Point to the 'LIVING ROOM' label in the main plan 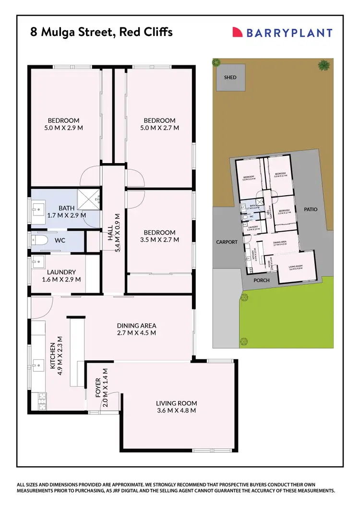pyautogui.click(x=176, y=407)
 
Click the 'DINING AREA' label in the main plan pyautogui.click(x=137, y=329)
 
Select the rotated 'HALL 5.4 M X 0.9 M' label pyautogui.click(x=114, y=233)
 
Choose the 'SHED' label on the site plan pyautogui.click(x=230, y=77)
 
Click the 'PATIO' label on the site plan pyautogui.click(x=311, y=209)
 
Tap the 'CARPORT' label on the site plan pyautogui.click(x=227, y=242)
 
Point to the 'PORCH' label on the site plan pyautogui.click(x=262, y=280)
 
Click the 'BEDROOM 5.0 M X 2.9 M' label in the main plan pyautogui.click(x=63, y=124)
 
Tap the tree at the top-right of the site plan pyautogui.click(x=324, y=64)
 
